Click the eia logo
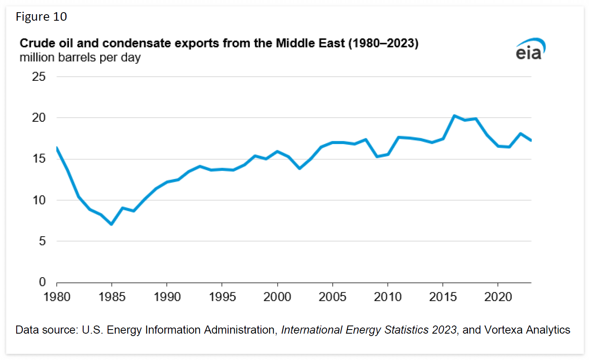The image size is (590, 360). coord(530,50)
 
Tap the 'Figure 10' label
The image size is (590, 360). coord(41,17)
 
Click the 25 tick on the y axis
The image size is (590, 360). coord(39,76)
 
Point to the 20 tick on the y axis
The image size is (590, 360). coord(39,118)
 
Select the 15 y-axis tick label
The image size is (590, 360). coord(39,159)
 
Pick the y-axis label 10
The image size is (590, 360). coord(39,200)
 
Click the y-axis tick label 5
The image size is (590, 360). coord(42,241)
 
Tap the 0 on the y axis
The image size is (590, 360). coord(42,282)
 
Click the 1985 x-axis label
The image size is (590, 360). coord(112,297)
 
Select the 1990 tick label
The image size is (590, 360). coord(167,297)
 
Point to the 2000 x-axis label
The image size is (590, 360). coord(277,297)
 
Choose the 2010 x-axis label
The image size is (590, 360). coord(388,297)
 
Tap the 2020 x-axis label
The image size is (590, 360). coord(498,297)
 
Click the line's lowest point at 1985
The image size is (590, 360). coord(112,224)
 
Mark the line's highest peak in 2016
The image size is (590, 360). coord(454,116)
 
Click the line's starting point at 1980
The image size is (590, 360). coord(57,148)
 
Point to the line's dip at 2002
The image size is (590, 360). coord(299,168)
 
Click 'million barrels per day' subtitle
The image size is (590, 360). coord(80,58)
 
